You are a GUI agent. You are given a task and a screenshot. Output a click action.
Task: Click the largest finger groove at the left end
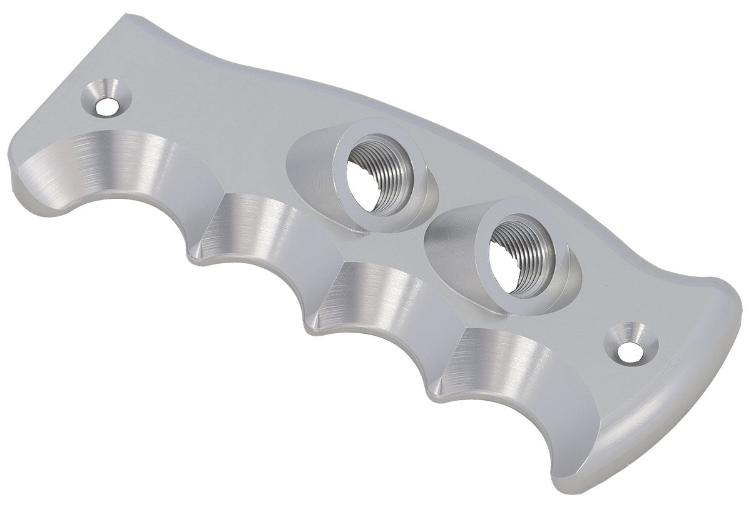[113, 169]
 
